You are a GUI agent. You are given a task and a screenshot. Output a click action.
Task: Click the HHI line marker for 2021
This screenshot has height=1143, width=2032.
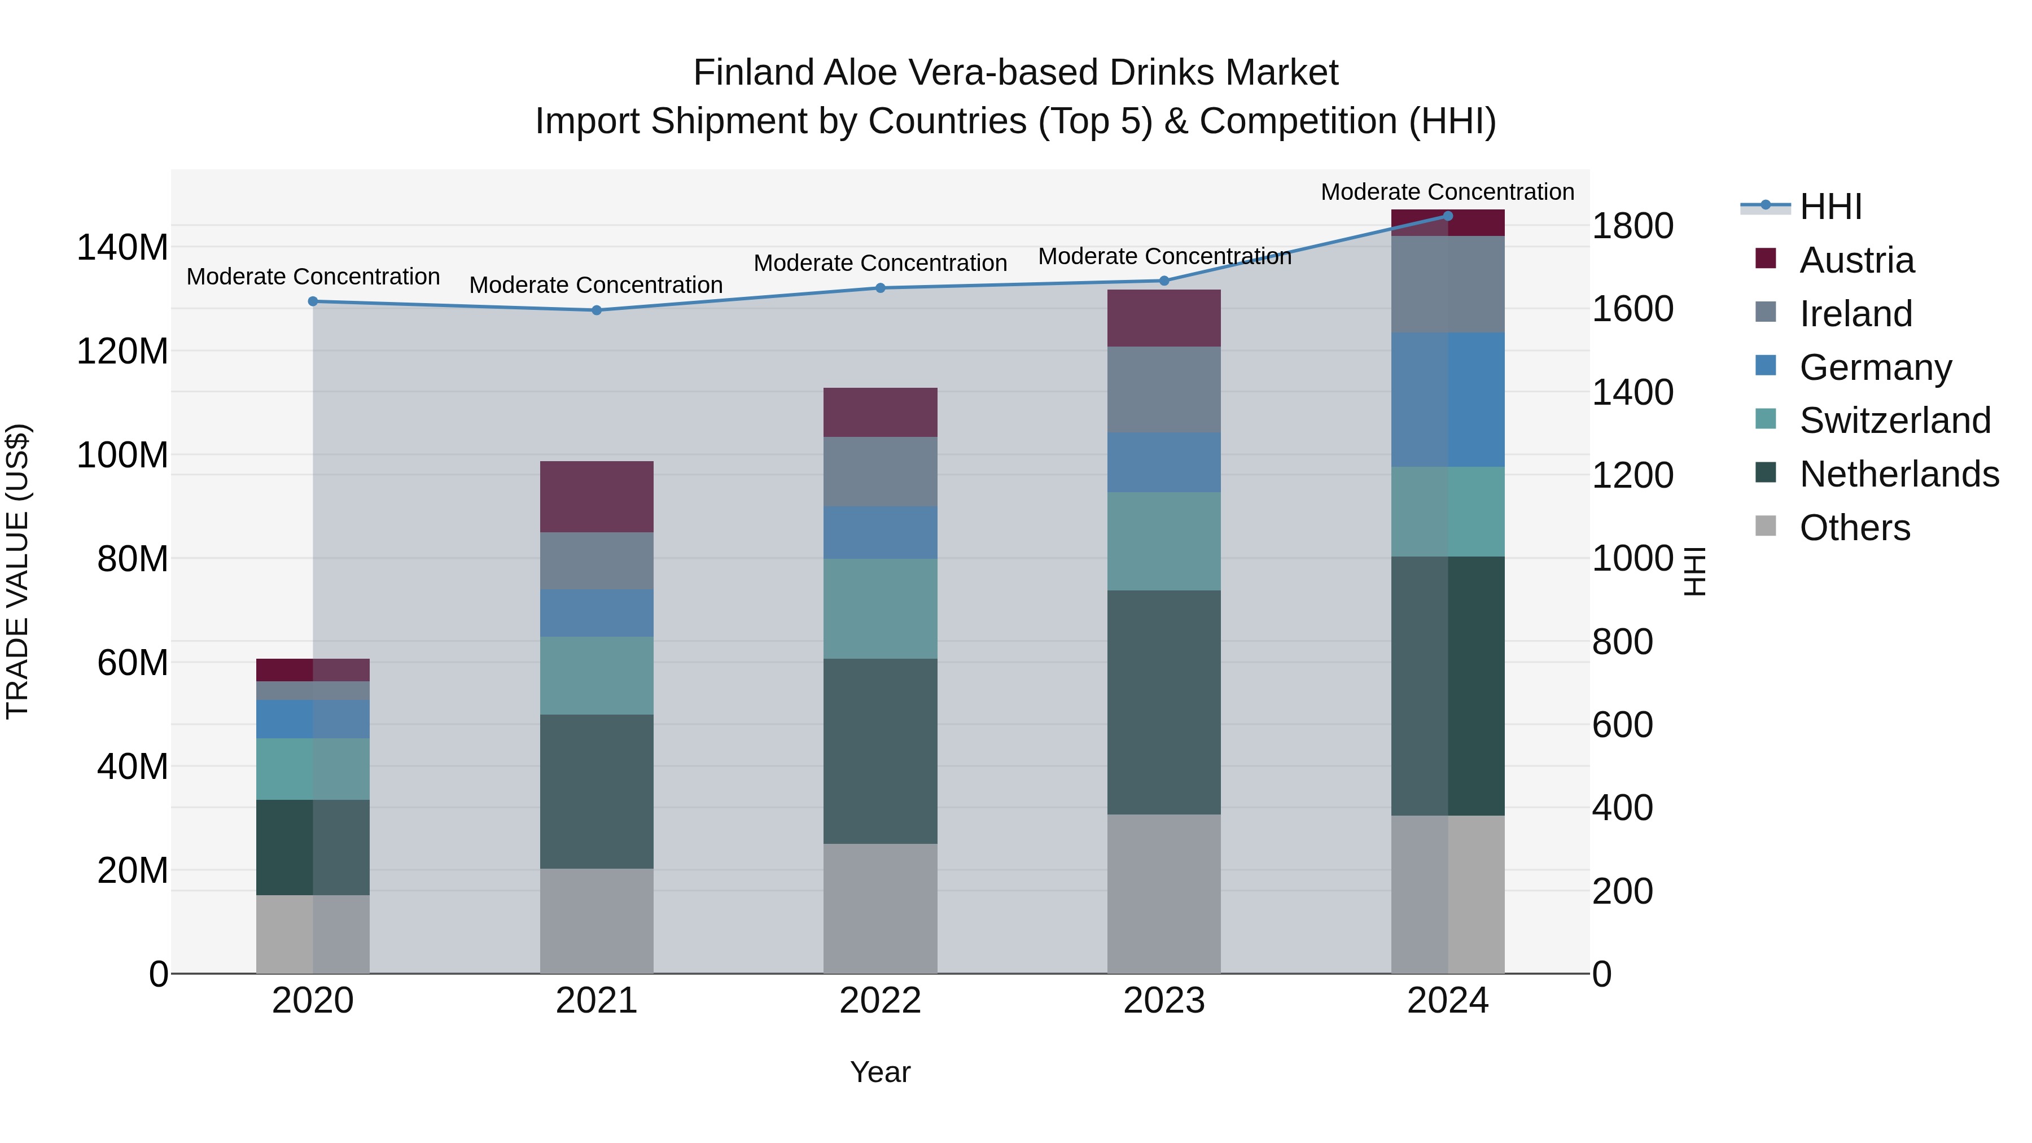(597, 310)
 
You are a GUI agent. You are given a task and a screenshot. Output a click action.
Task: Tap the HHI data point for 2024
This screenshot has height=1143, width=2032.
(1447, 216)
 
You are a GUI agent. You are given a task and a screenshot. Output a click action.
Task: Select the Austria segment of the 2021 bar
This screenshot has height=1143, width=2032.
(597, 496)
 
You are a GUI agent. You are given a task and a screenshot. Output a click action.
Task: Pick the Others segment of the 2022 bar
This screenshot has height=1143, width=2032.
(881, 908)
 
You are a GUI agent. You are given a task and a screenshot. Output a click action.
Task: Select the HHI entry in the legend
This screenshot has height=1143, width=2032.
(1830, 207)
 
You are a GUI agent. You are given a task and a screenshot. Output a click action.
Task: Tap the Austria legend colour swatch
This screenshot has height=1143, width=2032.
(1766, 259)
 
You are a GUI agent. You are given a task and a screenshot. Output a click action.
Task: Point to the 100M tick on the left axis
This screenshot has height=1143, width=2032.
(122, 455)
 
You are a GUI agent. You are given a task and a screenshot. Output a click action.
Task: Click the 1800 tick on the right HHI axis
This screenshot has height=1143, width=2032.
(1632, 226)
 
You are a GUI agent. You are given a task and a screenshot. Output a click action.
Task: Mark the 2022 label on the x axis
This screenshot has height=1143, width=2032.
(881, 1001)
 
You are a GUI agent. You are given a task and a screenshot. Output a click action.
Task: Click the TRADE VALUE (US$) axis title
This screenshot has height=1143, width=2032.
(17, 571)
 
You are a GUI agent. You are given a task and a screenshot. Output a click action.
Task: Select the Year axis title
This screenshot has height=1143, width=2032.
(881, 1072)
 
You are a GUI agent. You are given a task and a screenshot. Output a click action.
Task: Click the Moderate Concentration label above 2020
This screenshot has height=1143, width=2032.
(313, 277)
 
